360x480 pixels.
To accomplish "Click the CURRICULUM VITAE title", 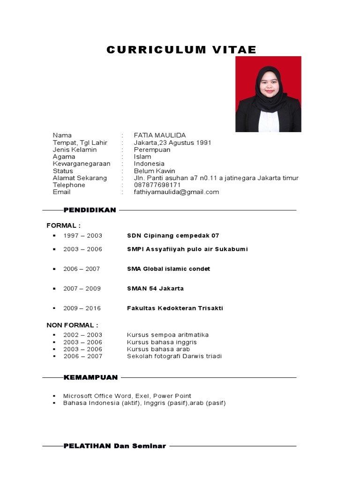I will coord(181,50).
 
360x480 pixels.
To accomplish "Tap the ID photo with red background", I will coord(268,94).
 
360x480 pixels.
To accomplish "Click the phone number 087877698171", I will coord(157,185).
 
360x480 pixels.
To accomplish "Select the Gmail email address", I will coord(176,192).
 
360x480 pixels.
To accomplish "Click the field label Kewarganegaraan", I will coord(82,164).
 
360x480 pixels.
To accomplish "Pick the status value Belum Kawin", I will coord(154,171).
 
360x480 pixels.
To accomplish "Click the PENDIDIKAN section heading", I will coord(90,210).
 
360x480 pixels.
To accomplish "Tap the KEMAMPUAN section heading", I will coord(90,377).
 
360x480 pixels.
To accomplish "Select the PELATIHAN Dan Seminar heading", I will coord(115,446).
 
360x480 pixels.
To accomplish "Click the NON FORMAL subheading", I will coord(72,325).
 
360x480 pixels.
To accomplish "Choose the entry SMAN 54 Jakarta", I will coord(155,288).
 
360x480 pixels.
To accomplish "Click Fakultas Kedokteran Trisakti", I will coord(175,308).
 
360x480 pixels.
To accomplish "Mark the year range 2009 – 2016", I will coord(82,308).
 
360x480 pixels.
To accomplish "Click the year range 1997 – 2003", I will coord(82,236).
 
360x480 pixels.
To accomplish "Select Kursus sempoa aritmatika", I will coord(168,335).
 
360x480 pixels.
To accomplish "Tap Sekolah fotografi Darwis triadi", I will coord(174,356).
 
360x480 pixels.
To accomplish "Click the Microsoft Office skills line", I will coord(127,396).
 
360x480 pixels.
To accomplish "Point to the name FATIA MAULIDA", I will coord(160,135).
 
